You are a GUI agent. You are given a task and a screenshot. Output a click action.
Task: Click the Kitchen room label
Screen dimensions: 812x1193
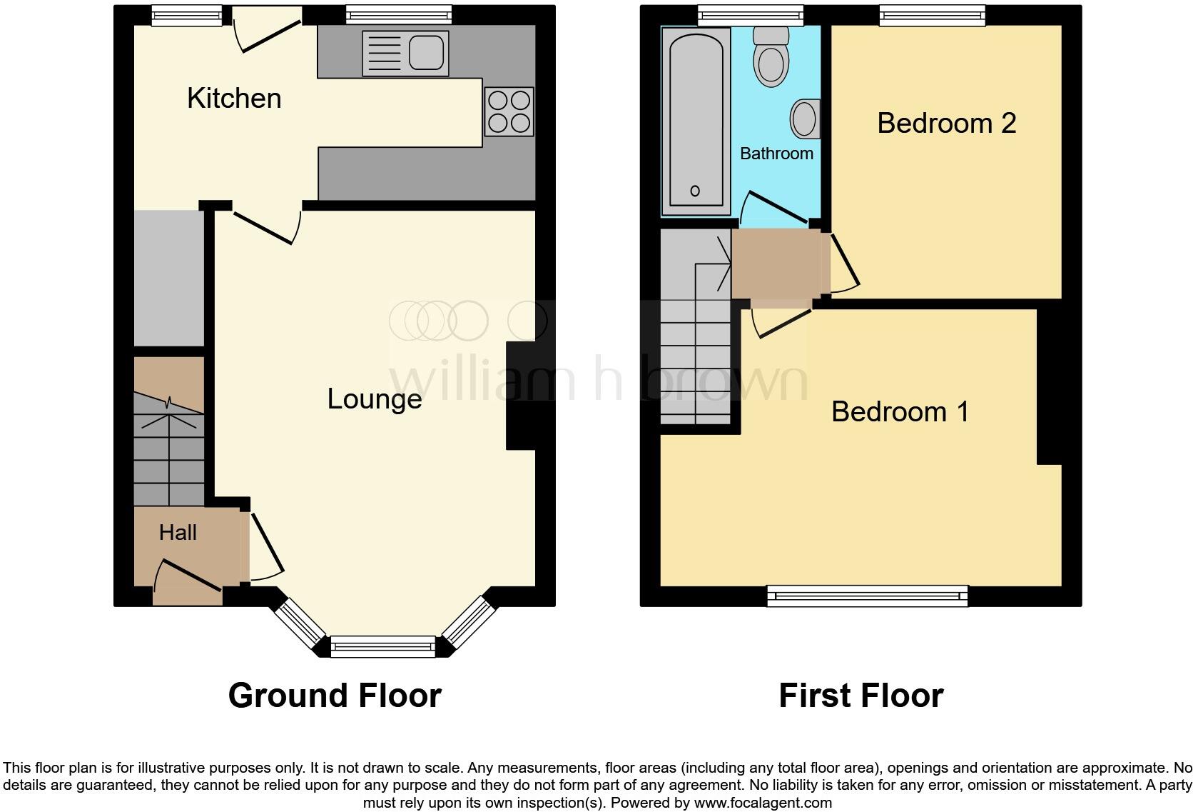point(234,99)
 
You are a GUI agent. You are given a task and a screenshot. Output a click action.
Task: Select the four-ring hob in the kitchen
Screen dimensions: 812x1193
point(509,111)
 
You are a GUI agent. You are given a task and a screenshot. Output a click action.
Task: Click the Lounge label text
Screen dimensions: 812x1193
point(374,399)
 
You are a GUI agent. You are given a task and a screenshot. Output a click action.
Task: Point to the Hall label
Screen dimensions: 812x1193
point(178,532)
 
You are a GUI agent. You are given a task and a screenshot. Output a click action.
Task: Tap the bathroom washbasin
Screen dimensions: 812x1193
point(806,119)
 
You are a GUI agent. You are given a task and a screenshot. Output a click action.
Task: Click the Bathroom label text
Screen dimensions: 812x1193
point(776,154)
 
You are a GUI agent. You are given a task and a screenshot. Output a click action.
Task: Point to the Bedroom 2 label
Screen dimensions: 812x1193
point(946,123)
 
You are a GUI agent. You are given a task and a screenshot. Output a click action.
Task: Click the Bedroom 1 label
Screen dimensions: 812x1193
point(900,411)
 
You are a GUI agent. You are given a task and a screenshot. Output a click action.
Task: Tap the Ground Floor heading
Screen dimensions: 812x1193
point(335,695)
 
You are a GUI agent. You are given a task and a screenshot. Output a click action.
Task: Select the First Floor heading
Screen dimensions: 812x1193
point(861,695)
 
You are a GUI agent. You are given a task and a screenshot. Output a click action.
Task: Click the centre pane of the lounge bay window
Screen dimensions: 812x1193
point(383,646)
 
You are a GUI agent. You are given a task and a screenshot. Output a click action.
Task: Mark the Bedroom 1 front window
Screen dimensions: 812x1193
point(867,595)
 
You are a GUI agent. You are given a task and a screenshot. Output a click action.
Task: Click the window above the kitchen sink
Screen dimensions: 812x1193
point(399,14)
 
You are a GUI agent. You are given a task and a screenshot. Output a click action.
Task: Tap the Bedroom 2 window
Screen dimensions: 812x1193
point(932,14)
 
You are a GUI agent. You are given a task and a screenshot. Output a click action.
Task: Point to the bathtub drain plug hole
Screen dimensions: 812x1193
point(695,191)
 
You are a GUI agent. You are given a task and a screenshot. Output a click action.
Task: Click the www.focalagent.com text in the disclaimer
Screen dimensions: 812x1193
point(763,803)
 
